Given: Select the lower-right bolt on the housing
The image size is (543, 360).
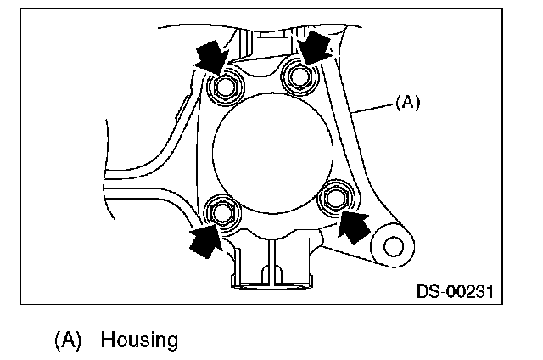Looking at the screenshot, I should click(336, 198).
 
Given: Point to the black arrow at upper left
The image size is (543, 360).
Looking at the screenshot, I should click(210, 59).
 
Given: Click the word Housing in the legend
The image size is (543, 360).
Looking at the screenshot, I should click(140, 340).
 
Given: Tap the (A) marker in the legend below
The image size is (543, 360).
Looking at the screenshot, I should click(68, 340).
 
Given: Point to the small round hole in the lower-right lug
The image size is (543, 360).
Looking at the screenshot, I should click(392, 246).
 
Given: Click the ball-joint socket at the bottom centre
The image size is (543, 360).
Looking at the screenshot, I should click(271, 268).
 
